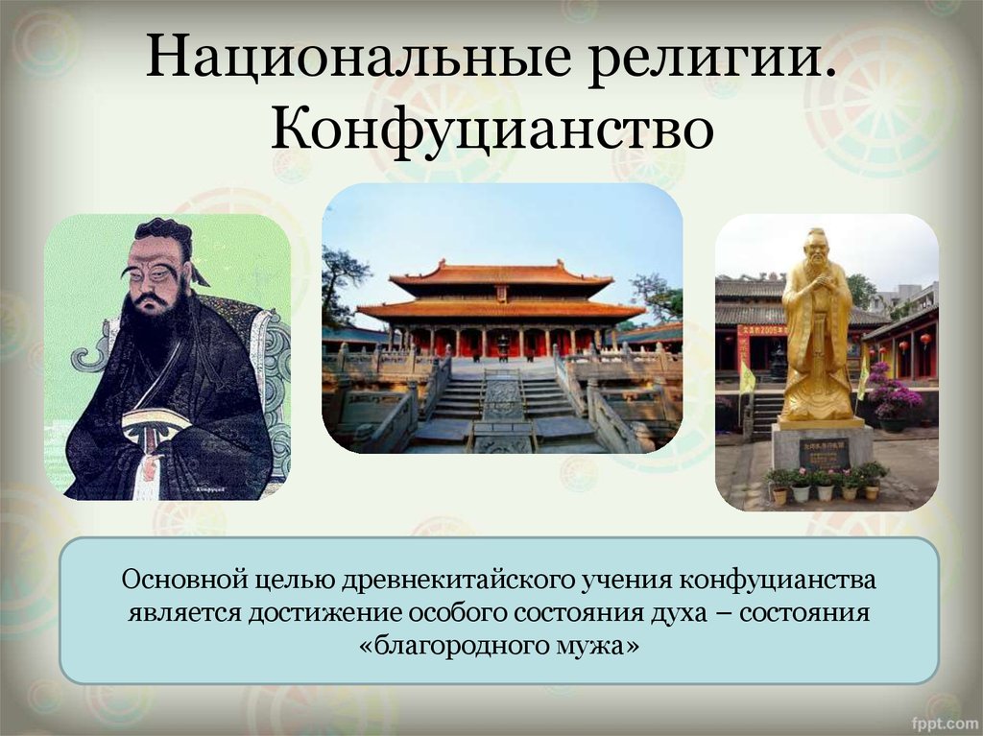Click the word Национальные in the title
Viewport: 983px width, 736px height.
coord(358,57)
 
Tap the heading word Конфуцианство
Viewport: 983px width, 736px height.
coord(492,131)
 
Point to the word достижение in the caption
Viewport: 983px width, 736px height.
coord(324,612)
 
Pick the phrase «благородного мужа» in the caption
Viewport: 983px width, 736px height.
coord(499,645)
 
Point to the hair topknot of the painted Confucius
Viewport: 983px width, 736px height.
coord(163,229)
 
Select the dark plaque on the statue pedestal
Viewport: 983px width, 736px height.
coord(824,454)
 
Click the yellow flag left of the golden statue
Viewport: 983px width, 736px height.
coord(747,378)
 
